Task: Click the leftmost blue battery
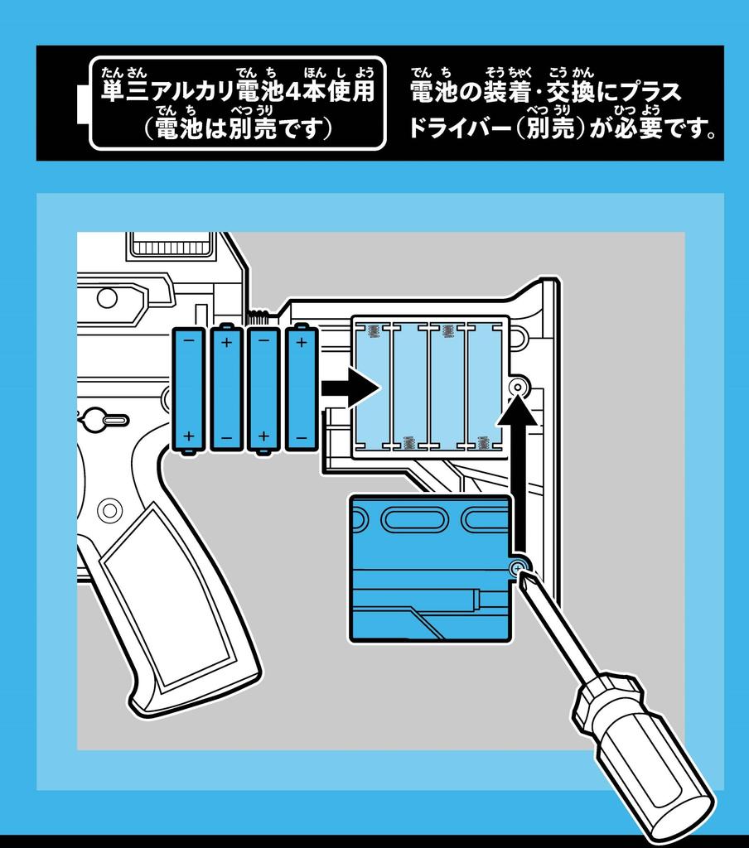pos(188,389)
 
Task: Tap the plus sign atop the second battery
pos(226,340)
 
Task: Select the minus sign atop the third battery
pos(263,340)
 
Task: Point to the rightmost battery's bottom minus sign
pos(301,436)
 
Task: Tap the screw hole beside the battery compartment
pos(519,387)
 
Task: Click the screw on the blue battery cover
pos(517,567)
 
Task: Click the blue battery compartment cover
pos(431,571)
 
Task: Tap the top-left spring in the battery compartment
pos(372,331)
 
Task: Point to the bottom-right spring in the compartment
pos(483,443)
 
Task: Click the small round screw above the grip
pos(109,508)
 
